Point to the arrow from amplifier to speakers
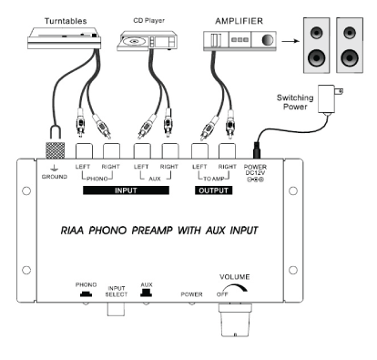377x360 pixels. (x=286, y=40)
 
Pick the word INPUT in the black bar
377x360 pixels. (x=127, y=191)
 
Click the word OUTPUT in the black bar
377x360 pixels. (x=215, y=191)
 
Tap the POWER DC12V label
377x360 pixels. (x=257, y=173)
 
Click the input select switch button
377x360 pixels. (x=117, y=309)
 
